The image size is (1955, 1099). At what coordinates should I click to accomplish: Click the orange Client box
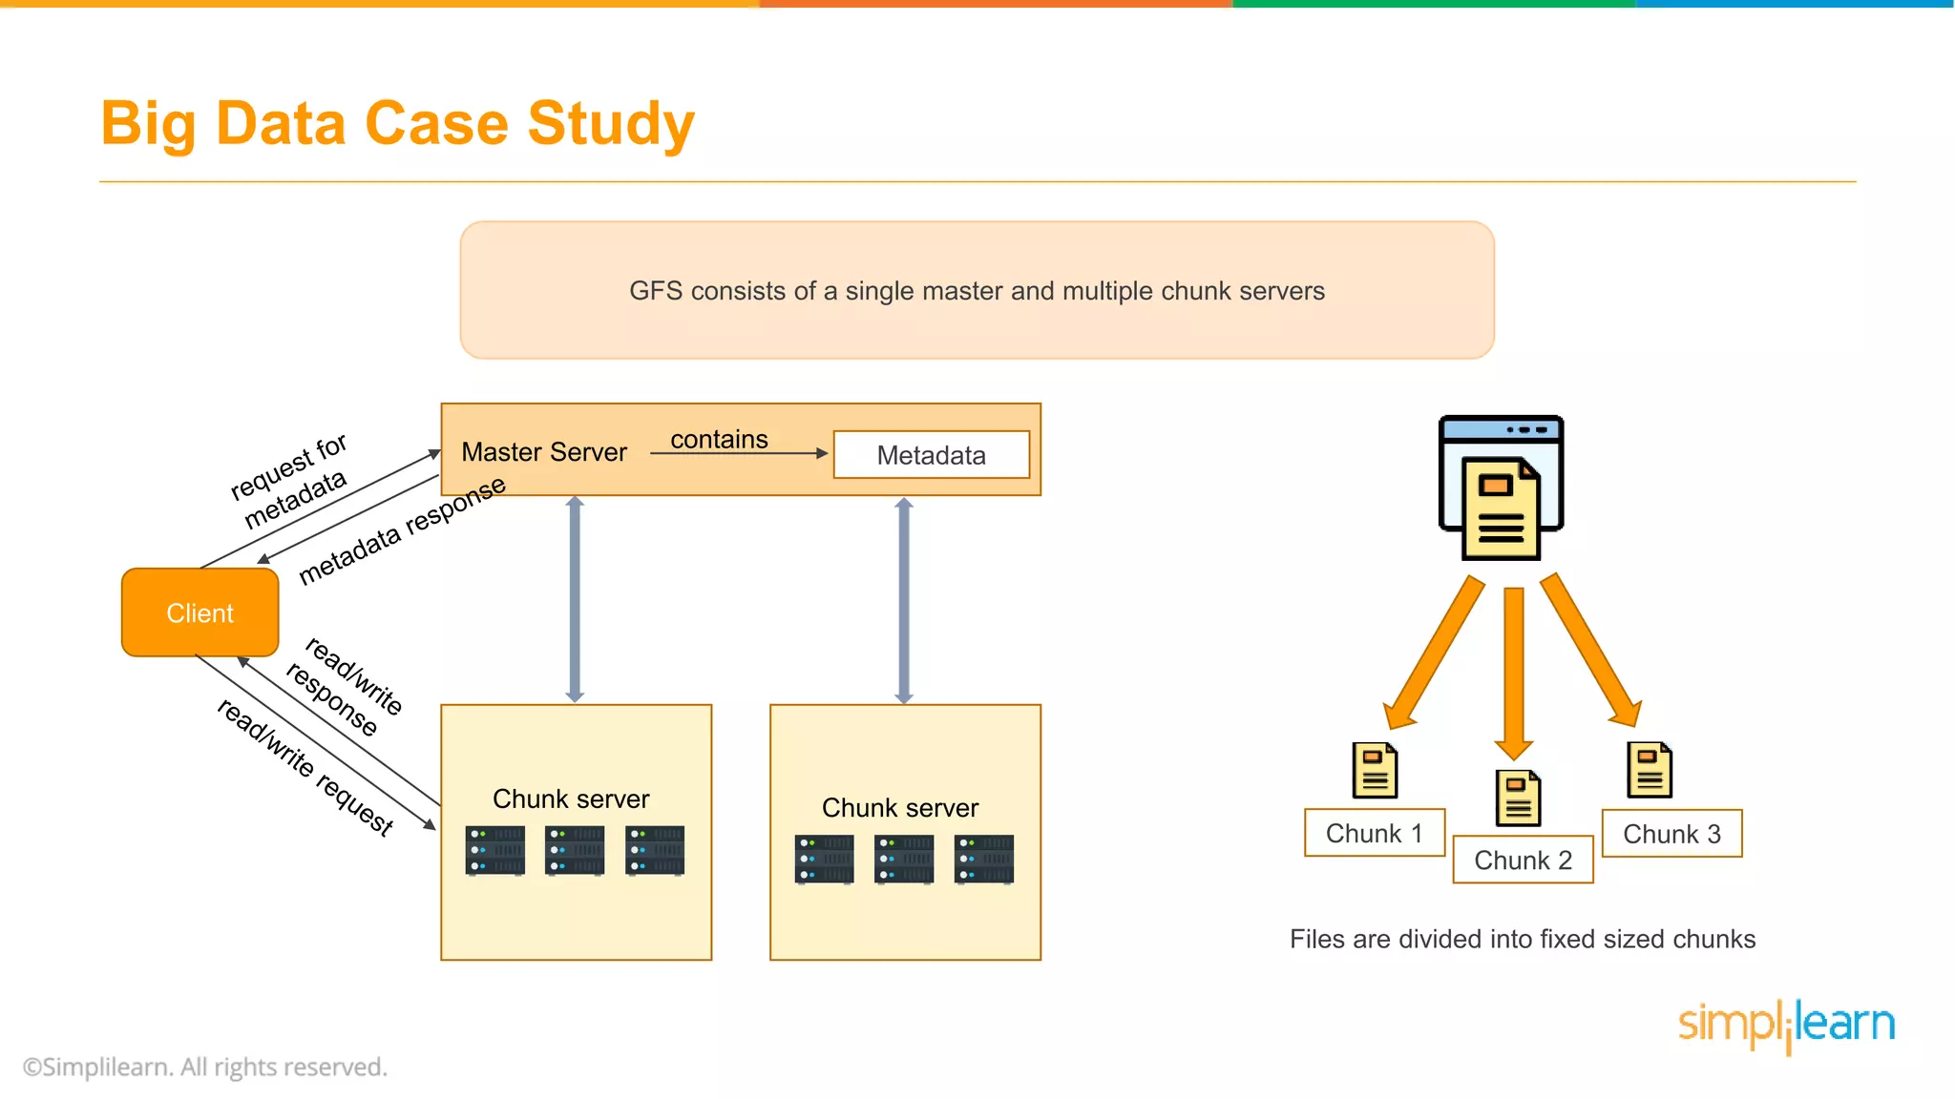point(200,612)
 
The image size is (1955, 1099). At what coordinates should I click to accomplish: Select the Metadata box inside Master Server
point(931,455)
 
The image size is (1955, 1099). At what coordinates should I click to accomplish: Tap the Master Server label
point(544,452)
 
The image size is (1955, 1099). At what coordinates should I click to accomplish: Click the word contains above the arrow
point(719,439)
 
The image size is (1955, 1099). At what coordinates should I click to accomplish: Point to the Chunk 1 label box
point(1374,833)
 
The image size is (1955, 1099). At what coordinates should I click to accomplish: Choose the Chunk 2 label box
point(1523,860)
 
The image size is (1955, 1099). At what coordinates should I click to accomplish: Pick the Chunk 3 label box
point(1671,834)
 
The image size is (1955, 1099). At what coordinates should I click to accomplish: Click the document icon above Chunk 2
point(1518,798)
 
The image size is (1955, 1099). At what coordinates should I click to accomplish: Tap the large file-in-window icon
point(1501,487)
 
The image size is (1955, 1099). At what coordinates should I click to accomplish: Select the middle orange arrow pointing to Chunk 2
point(1514,673)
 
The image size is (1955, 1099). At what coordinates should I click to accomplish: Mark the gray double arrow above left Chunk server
point(575,599)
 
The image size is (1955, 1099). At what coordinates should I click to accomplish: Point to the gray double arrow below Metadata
point(904,599)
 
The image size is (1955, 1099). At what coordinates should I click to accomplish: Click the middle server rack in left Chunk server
point(575,850)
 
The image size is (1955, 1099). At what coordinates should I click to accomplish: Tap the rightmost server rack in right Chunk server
point(983,859)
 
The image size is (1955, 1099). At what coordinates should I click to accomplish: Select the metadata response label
point(402,530)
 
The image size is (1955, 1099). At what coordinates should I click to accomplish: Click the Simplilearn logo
point(1786,1024)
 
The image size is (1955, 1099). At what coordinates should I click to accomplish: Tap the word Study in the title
point(611,124)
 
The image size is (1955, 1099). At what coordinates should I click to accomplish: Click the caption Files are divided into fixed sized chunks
point(1522,939)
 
